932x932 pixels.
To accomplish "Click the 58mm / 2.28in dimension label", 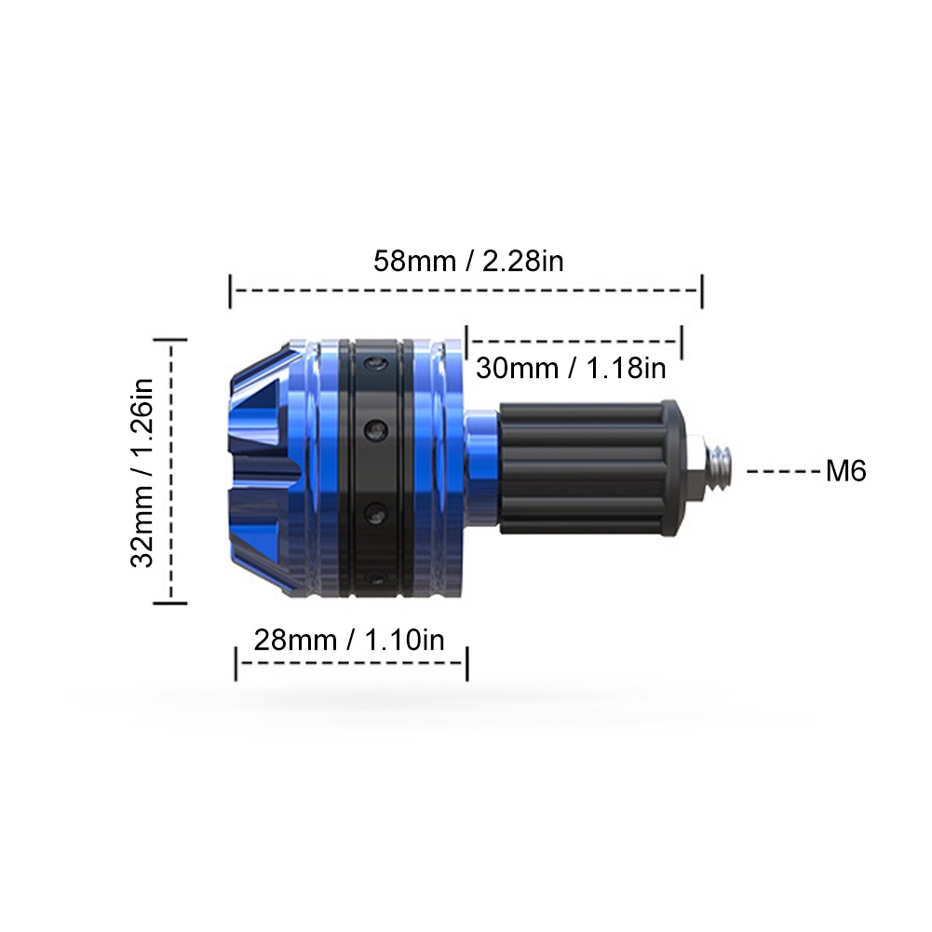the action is click(468, 261).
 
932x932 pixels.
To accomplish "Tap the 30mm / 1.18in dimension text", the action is click(571, 368).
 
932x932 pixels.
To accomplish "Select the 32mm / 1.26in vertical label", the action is click(142, 473).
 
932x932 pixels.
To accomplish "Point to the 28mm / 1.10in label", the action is click(349, 640).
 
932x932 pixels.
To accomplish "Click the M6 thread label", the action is click(845, 471).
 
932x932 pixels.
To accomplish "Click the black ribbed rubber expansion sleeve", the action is click(583, 468).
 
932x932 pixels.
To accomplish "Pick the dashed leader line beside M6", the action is click(783, 471).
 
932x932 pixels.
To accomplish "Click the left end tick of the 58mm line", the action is click(230, 291).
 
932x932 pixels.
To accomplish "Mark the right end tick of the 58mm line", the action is click(702, 291).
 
